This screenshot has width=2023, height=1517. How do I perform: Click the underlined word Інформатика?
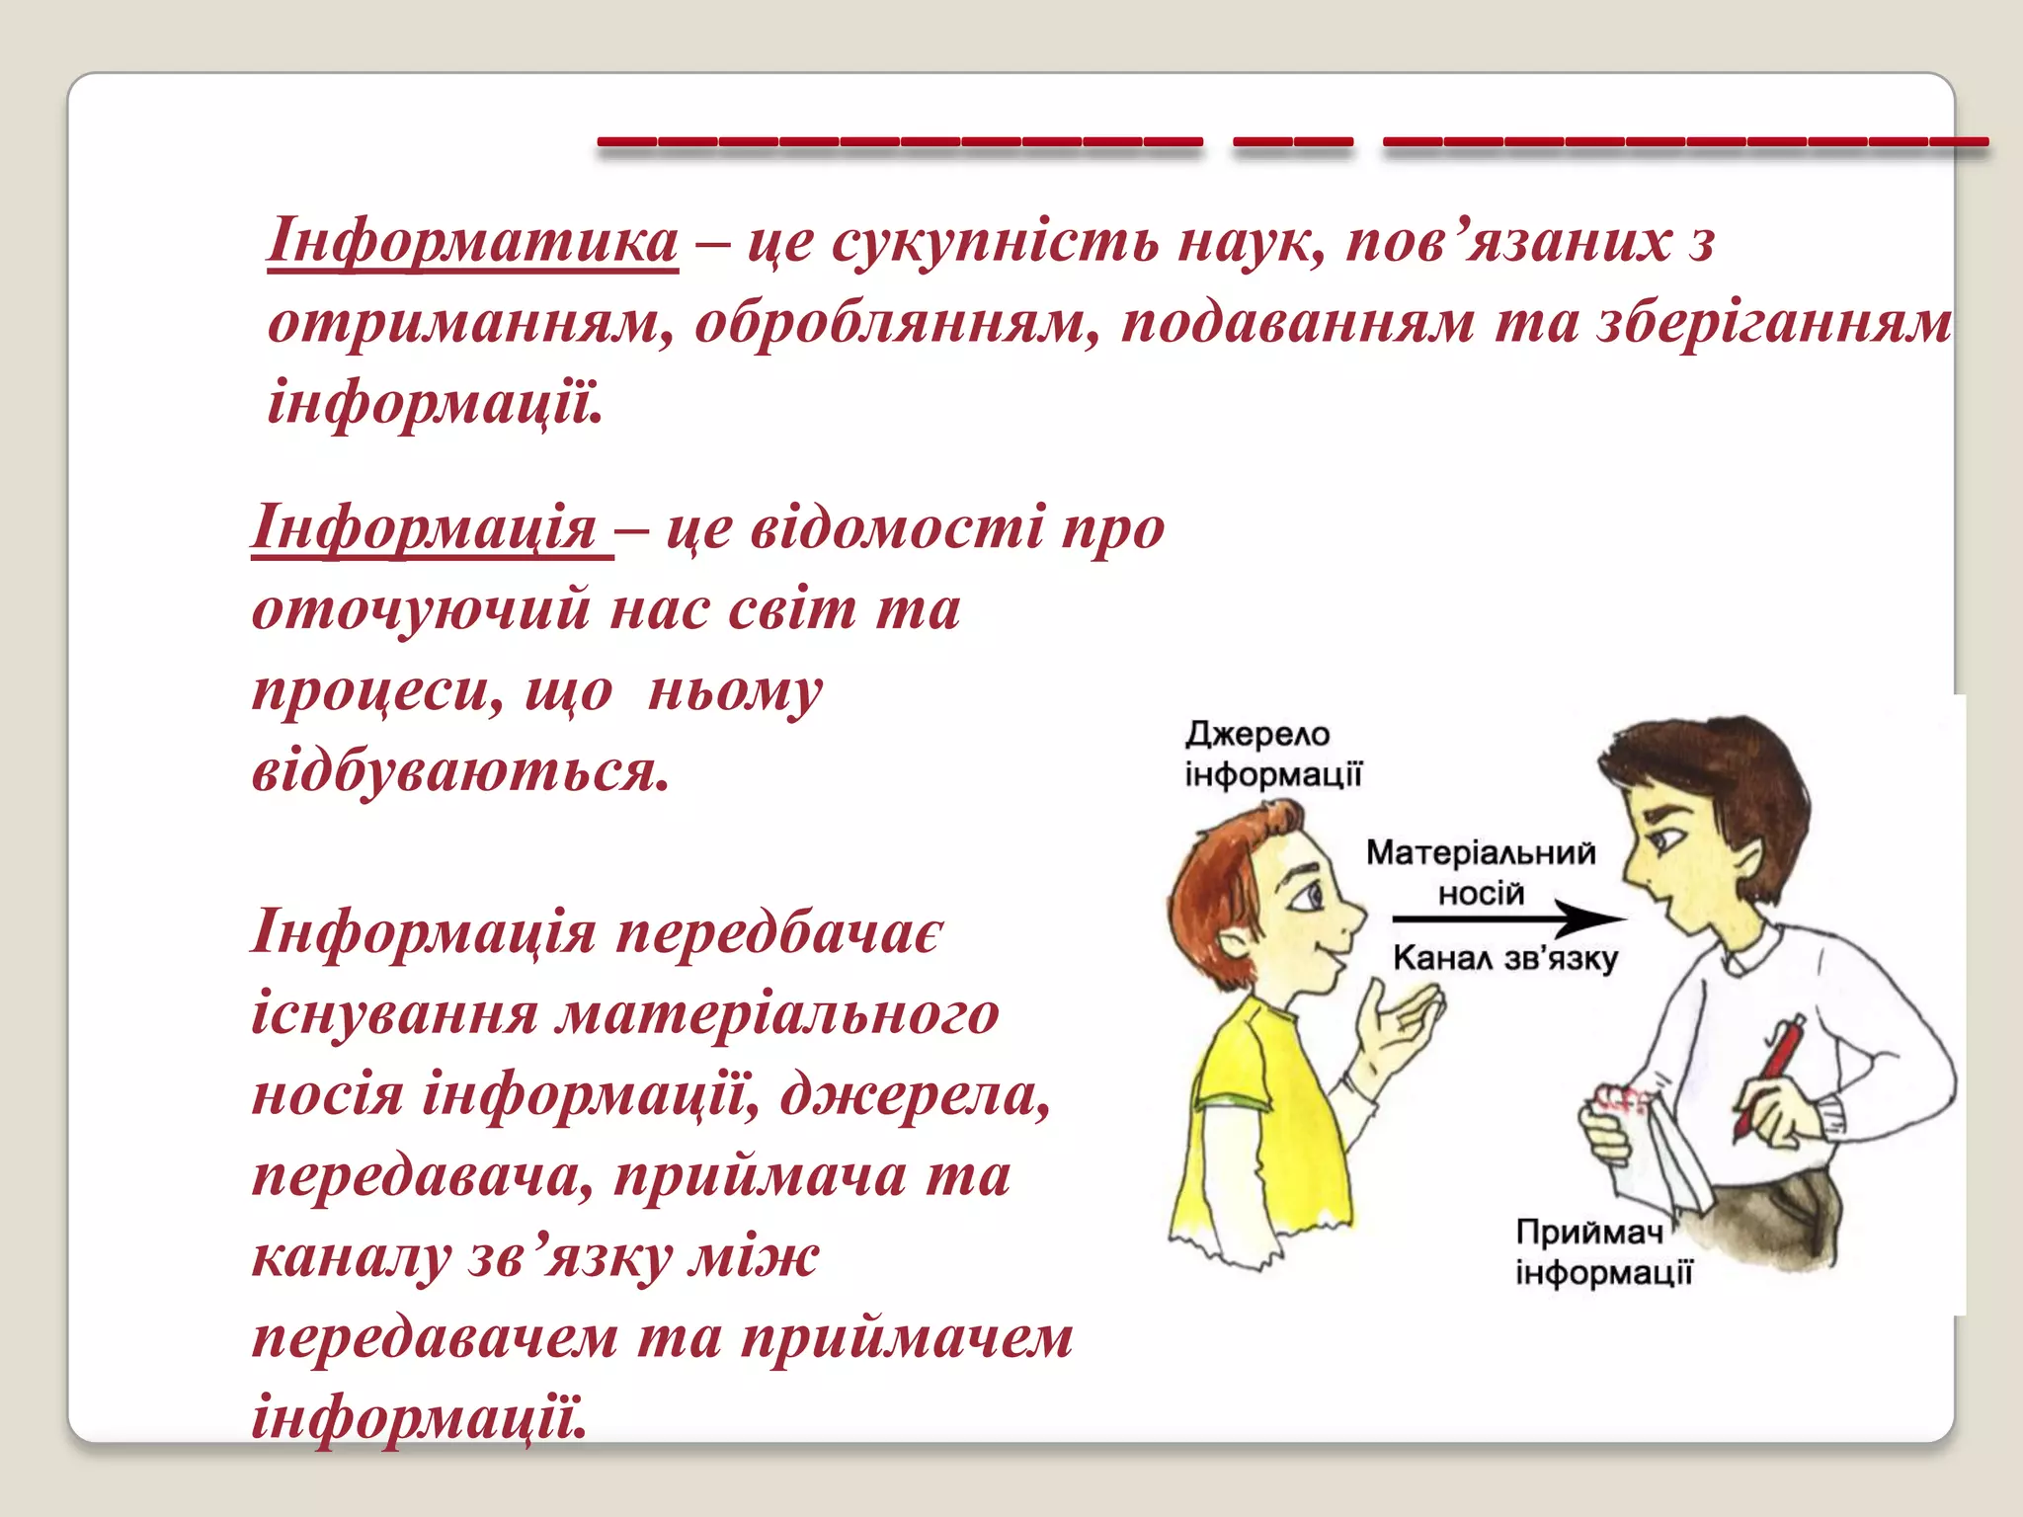[x=472, y=241]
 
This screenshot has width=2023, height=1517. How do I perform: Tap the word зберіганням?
[x=1774, y=323]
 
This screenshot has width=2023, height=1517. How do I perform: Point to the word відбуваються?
[x=461, y=771]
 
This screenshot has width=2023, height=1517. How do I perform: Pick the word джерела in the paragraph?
[x=914, y=1094]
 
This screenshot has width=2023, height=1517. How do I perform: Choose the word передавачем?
[x=436, y=1338]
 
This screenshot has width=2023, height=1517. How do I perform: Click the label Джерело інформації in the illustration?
[x=1272, y=755]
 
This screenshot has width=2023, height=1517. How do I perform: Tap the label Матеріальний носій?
[x=1480, y=872]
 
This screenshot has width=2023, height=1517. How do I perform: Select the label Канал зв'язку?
[x=1504, y=958]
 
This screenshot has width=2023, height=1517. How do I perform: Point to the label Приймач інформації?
[x=1602, y=1252]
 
